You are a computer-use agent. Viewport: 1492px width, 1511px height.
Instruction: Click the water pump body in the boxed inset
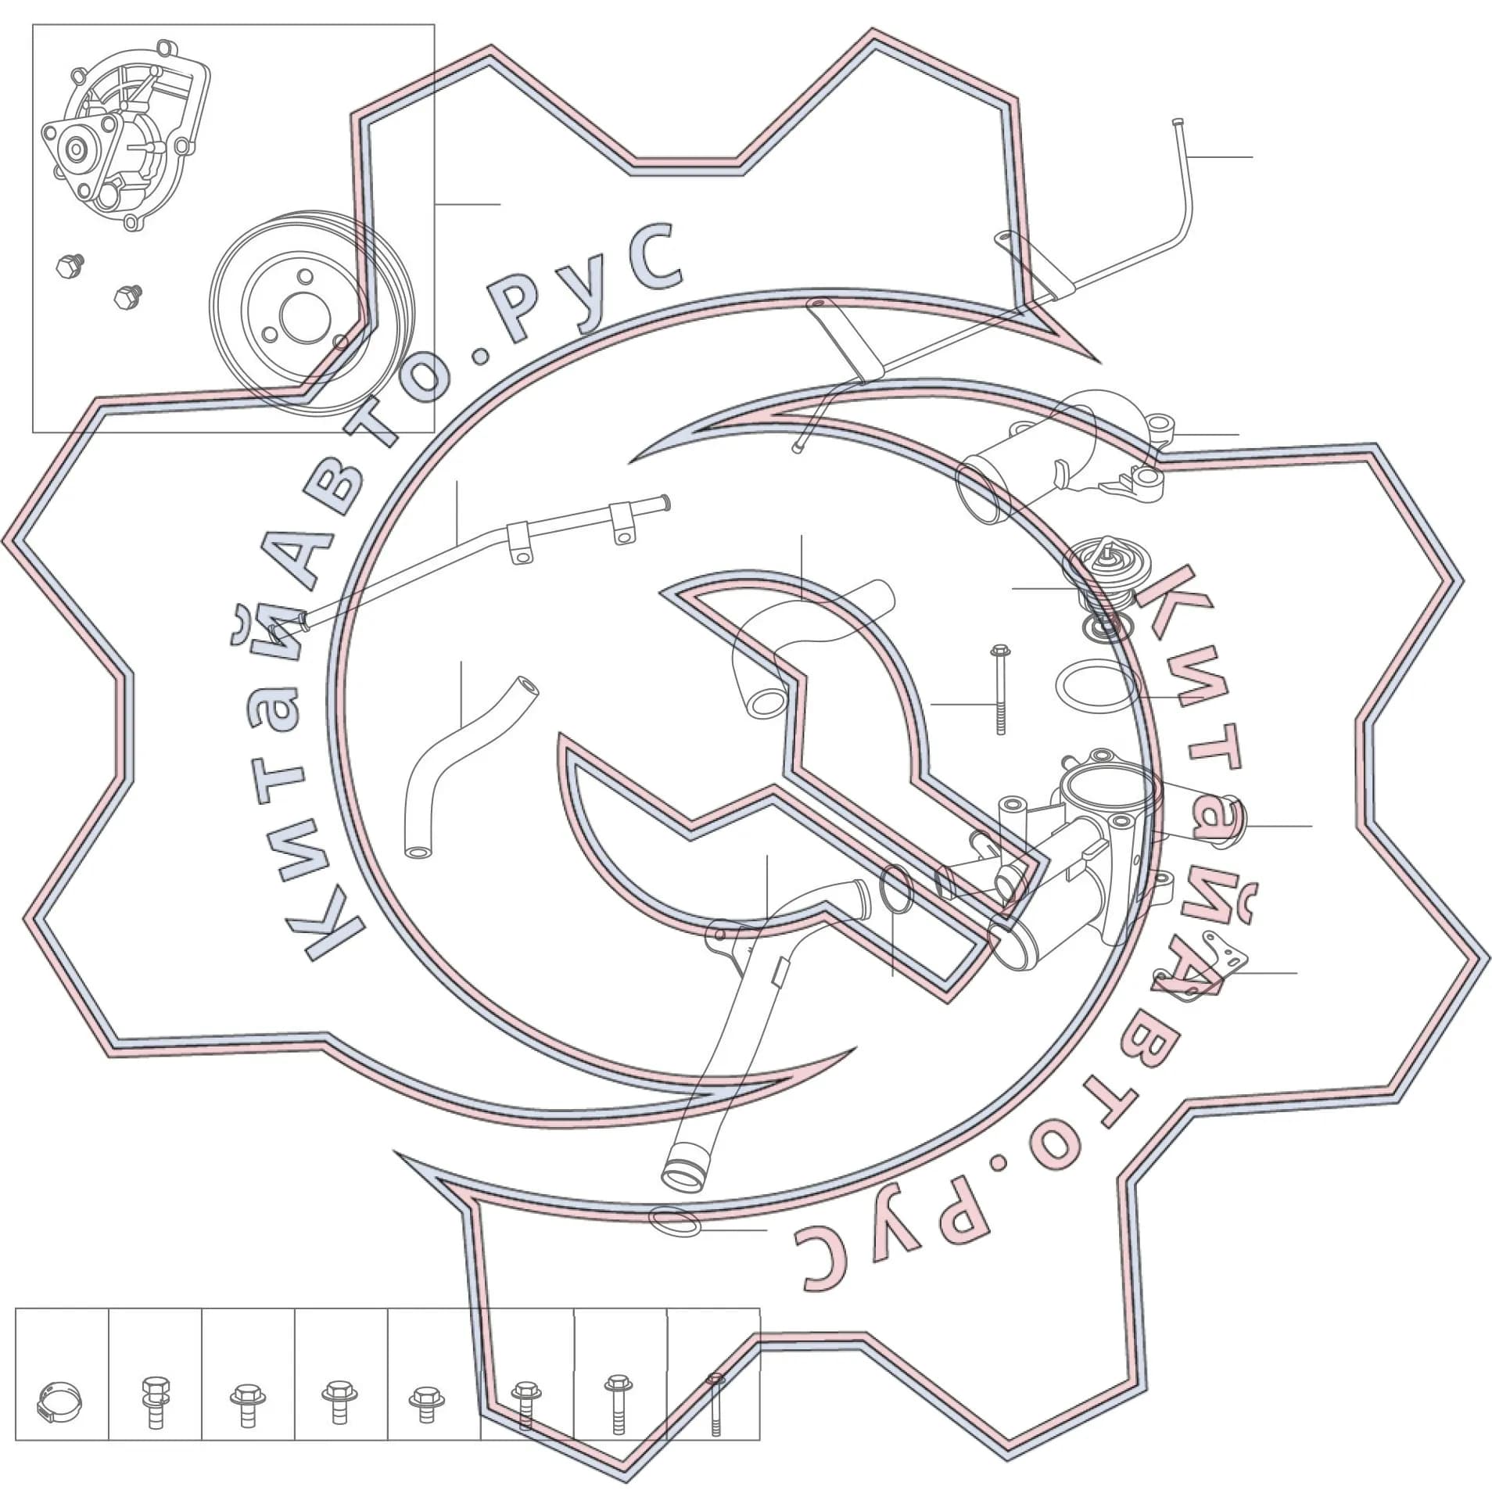tap(125, 141)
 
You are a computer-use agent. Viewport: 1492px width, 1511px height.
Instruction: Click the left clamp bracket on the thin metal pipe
tap(521, 542)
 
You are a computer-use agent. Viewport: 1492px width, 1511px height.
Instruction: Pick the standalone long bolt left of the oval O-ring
tap(999, 689)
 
